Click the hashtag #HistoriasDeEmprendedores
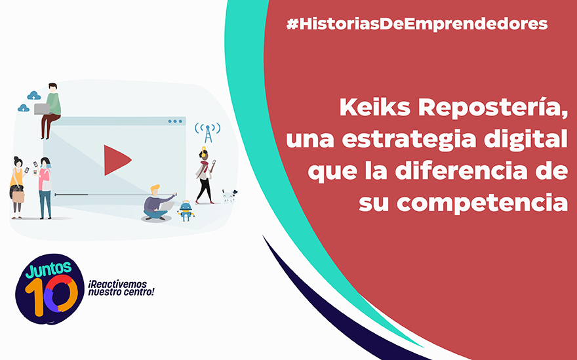coord(417,24)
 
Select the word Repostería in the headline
coord(492,108)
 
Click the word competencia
coord(482,203)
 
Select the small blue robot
coord(186,211)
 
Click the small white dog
coord(229,195)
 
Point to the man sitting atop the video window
coord(50,111)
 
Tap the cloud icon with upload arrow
coord(34,95)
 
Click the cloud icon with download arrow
coord(24,108)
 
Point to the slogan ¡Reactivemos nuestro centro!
coord(121,289)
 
